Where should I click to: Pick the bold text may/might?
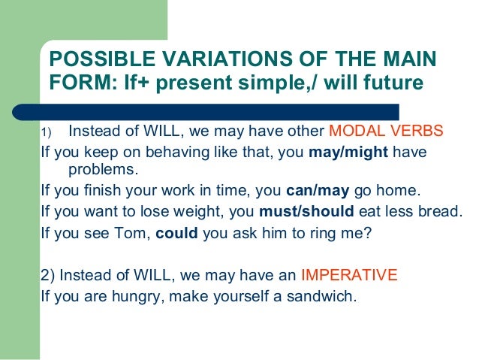[348, 153]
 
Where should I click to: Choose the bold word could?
[176, 233]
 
